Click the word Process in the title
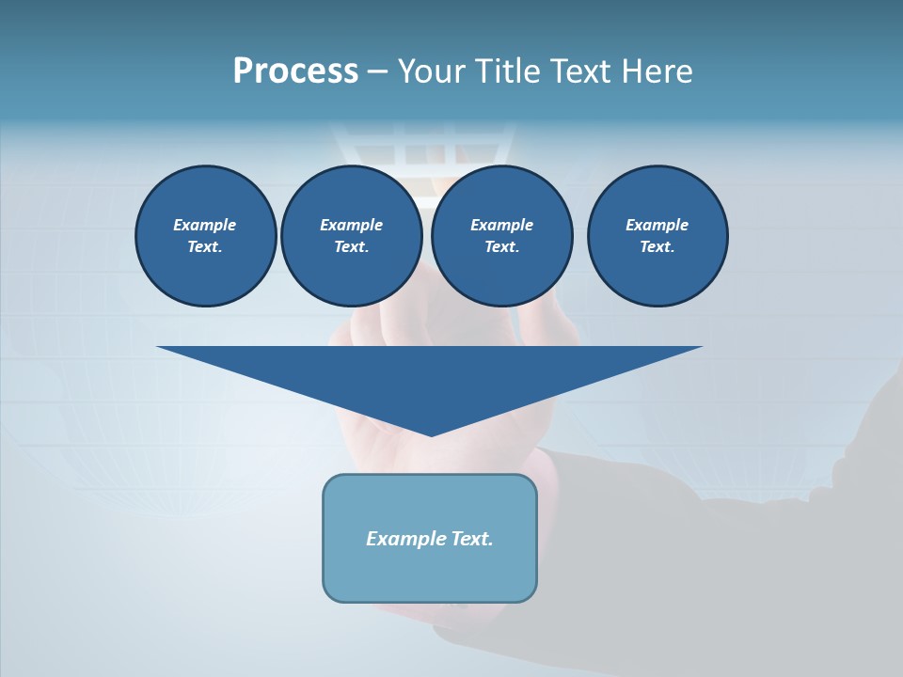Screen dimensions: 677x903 tap(295, 71)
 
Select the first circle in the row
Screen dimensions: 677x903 tap(205, 236)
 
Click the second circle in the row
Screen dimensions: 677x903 tap(351, 236)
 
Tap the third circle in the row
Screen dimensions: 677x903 tap(501, 236)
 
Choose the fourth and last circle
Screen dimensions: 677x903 tap(657, 236)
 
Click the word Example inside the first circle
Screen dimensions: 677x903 tap(204, 225)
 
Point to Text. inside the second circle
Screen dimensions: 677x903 tap(351, 247)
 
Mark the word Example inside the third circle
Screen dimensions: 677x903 tap(501, 225)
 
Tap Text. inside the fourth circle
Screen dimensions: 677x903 tap(657, 247)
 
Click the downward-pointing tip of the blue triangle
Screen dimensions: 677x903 tap(431, 433)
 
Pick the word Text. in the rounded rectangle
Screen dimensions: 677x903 tap(471, 539)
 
